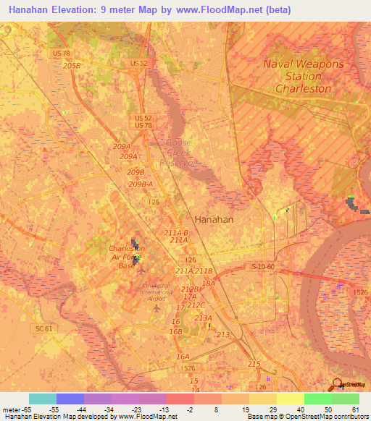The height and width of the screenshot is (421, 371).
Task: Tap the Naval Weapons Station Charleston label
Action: point(303,76)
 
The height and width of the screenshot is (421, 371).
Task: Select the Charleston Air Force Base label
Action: point(122,257)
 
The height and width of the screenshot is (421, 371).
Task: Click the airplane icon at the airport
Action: point(157,309)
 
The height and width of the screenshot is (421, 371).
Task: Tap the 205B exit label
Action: point(72,65)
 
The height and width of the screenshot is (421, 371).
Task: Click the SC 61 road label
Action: point(44,328)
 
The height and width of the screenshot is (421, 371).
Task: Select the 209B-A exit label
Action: point(141,184)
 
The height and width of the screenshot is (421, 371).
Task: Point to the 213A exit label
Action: point(203,318)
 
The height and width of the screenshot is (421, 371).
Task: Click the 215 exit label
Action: point(254,364)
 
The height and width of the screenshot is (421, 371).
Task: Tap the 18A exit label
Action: point(209,284)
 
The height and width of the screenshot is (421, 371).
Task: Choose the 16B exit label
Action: point(175,331)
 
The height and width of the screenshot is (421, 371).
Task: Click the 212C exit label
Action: point(196,305)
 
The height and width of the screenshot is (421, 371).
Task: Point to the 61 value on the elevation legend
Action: point(355,409)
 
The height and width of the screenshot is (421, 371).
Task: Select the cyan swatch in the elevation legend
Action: point(43,399)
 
